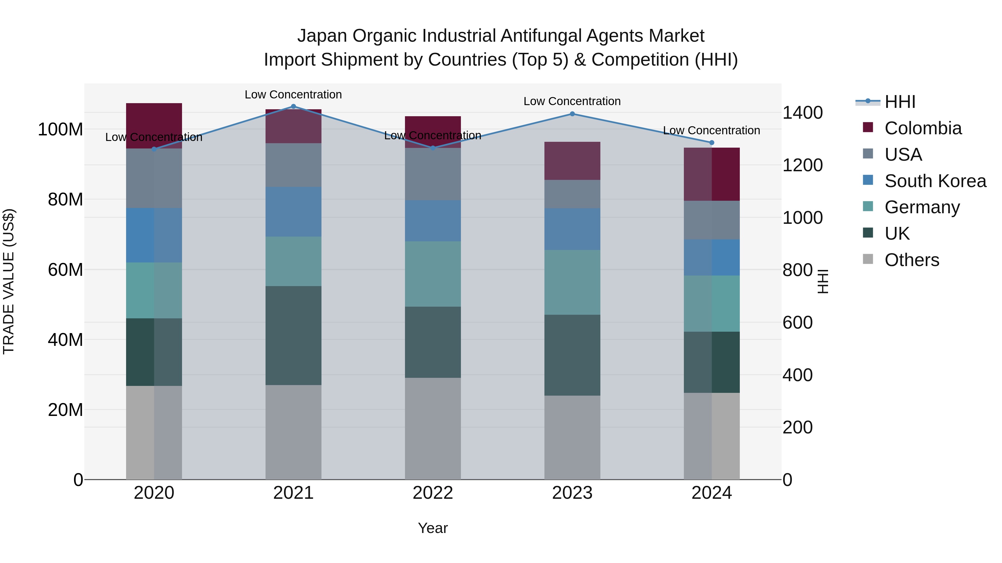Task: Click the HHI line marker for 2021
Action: pos(293,106)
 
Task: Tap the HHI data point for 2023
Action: pos(572,114)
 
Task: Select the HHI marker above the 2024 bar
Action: pos(712,143)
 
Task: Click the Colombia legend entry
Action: pos(923,128)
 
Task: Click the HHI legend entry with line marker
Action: pos(900,102)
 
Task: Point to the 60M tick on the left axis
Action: pos(65,270)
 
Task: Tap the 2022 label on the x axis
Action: pos(433,493)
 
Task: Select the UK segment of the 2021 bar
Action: pos(293,335)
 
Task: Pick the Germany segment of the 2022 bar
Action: pos(433,274)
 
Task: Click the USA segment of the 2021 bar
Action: pos(293,165)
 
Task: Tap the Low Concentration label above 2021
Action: pos(293,95)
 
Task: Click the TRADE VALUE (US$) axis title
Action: pos(9,281)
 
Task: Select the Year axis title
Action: pos(433,528)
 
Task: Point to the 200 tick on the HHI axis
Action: pos(797,427)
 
